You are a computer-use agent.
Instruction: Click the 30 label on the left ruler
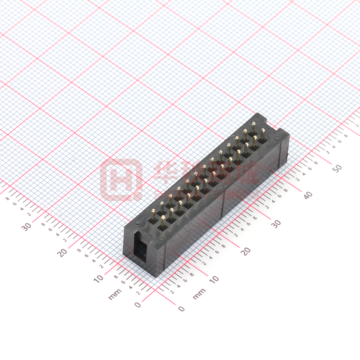point(26,227)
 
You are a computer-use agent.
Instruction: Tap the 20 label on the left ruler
point(62,252)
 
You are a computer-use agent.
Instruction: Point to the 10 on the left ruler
point(98,278)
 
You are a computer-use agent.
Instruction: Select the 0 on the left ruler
point(138,305)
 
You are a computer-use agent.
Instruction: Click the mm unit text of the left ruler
point(115,296)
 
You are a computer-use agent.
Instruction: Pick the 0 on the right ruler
point(181,309)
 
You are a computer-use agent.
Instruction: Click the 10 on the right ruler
point(214,279)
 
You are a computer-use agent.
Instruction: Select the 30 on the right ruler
point(276,223)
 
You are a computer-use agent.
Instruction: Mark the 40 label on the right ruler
point(308,195)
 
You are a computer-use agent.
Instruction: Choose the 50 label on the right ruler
point(338,168)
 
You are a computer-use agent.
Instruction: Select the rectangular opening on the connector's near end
point(140,248)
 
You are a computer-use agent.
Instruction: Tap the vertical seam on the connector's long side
point(223,200)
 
